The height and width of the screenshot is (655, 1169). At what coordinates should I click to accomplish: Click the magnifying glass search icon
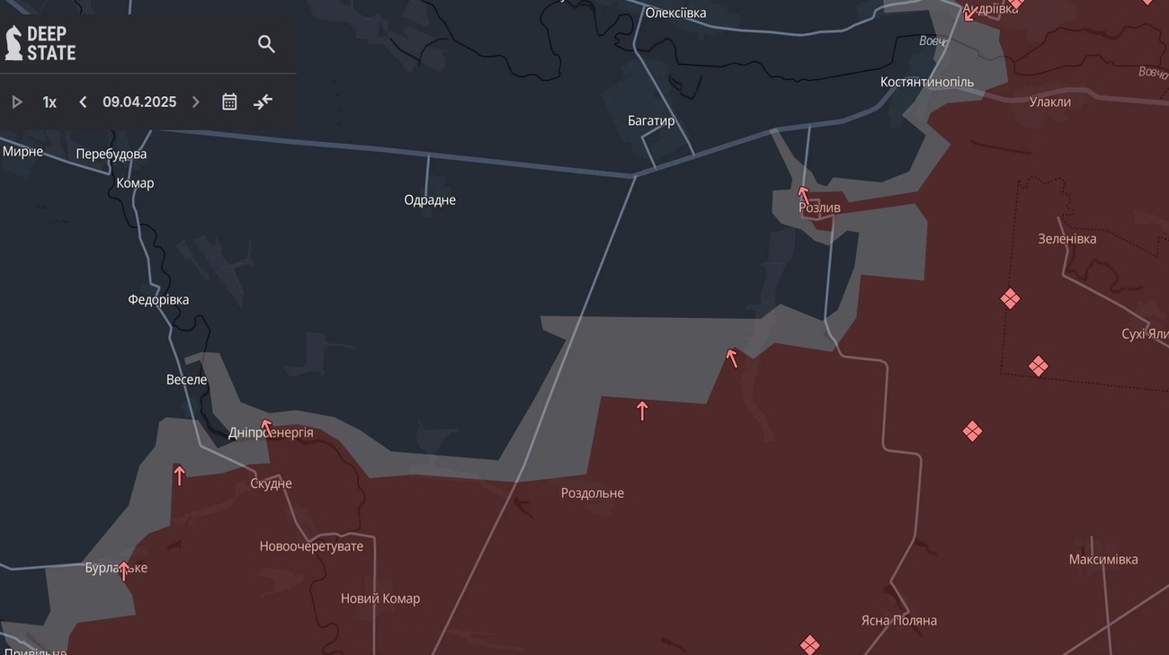[266, 44]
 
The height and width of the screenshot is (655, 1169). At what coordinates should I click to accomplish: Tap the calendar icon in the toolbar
[229, 102]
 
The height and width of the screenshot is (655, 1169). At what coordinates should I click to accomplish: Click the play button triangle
[17, 102]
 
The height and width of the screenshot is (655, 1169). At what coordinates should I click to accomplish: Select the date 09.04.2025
[139, 102]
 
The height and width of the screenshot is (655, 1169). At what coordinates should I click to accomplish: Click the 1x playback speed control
[49, 102]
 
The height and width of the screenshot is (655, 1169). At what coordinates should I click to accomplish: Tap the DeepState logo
[40, 43]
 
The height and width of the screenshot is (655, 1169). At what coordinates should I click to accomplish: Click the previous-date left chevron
[83, 102]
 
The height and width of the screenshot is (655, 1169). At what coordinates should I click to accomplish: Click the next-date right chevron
[196, 102]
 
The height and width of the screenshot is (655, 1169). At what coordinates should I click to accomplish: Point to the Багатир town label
[651, 120]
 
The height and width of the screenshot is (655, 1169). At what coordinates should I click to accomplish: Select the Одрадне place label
[430, 199]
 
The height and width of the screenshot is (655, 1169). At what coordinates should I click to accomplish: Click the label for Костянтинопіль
[926, 82]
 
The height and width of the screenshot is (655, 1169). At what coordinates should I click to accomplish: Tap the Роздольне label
[592, 492]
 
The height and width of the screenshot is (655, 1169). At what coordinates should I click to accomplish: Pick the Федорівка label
[158, 299]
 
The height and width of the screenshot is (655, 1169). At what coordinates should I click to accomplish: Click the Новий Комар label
[379, 598]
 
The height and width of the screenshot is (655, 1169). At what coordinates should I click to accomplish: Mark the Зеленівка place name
[1066, 239]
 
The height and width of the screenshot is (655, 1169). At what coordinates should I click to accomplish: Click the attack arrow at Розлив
[804, 193]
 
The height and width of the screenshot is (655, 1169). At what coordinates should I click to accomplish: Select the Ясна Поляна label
[898, 620]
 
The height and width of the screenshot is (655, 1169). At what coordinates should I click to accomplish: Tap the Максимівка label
[1102, 559]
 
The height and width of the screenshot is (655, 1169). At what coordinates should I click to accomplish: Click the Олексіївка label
[675, 13]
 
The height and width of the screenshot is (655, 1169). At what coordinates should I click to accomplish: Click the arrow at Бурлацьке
[124, 571]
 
